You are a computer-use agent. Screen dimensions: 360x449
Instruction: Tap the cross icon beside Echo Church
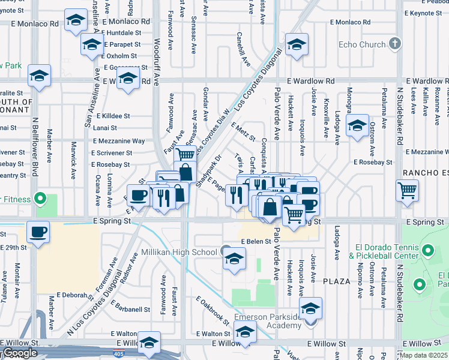click(394, 43)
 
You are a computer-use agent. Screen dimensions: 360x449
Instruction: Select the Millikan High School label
click(179, 252)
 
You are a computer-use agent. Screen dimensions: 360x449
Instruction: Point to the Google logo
click(20, 353)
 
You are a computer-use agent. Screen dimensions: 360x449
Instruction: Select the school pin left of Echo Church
click(297, 44)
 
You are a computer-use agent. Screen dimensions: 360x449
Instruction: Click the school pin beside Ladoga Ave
click(357, 125)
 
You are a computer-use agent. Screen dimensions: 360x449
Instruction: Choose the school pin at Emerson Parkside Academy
click(310, 308)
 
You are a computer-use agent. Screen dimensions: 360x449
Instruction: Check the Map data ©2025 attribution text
click(423, 355)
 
